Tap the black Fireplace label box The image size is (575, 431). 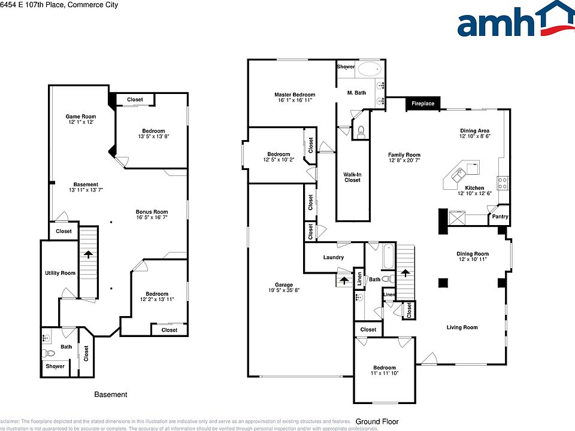point(423,104)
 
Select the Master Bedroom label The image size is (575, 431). point(295,95)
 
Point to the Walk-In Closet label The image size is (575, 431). point(352,177)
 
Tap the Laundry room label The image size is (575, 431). point(333,257)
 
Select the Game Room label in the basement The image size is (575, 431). point(81,117)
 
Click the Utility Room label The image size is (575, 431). point(60,273)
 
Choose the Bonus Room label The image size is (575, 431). point(152,212)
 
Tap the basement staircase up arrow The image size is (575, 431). point(89,254)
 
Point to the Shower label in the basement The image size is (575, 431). point(55,366)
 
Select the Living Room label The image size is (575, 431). point(462,327)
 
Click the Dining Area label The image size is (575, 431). point(474,131)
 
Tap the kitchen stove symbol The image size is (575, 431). point(503,182)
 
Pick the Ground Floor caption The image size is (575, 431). point(377,421)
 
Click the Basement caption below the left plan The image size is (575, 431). point(111,394)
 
